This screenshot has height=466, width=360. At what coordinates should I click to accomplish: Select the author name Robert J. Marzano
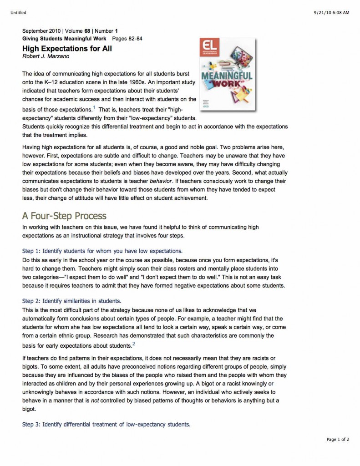(x=45, y=56)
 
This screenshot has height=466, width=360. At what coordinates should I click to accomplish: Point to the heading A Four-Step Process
(x=64, y=216)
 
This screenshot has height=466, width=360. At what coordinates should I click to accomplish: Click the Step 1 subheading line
(x=102, y=251)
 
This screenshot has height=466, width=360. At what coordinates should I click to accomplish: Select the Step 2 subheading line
(x=71, y=301)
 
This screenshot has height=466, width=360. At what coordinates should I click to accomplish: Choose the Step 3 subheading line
(x=106, y=424)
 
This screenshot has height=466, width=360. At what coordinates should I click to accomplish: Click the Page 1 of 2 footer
(x=338, y=439)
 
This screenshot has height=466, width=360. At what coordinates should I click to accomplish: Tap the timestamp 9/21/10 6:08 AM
(x=330, y=12)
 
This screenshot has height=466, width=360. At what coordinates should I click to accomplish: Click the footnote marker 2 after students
(x=133, y=343)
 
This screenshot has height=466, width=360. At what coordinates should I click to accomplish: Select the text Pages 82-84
(x=127, y=39)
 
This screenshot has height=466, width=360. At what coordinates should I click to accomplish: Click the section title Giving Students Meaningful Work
(x=64, y=39)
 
